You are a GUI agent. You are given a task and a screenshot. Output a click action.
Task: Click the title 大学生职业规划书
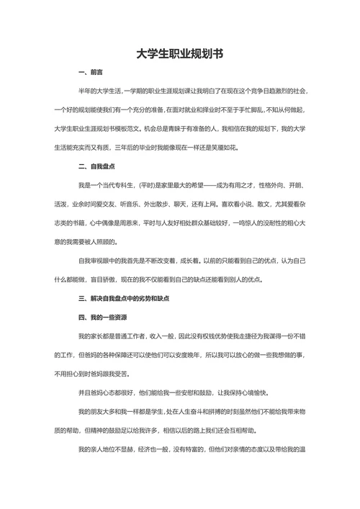click(180, 54)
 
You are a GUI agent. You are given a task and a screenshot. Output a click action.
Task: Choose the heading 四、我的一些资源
click(102, 316)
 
